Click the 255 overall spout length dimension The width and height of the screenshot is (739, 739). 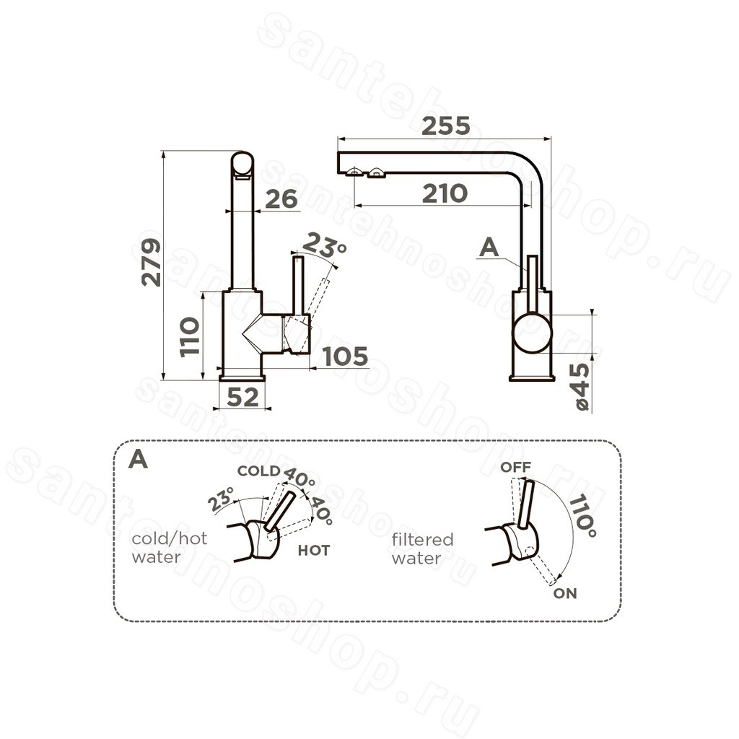[446, 126]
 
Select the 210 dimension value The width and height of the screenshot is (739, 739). [445, 193]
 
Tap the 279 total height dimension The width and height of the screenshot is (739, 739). [152, 263]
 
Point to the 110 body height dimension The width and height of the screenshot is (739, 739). [190, 336]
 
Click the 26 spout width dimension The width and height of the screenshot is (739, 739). [281, 199]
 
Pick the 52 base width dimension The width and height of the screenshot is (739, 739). [242, 398]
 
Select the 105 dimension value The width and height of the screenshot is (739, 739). [346, 357]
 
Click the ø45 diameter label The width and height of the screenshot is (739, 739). [582, 387]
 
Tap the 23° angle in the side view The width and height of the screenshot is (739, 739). [324, 245]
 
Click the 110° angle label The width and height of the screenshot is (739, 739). [582, 515]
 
